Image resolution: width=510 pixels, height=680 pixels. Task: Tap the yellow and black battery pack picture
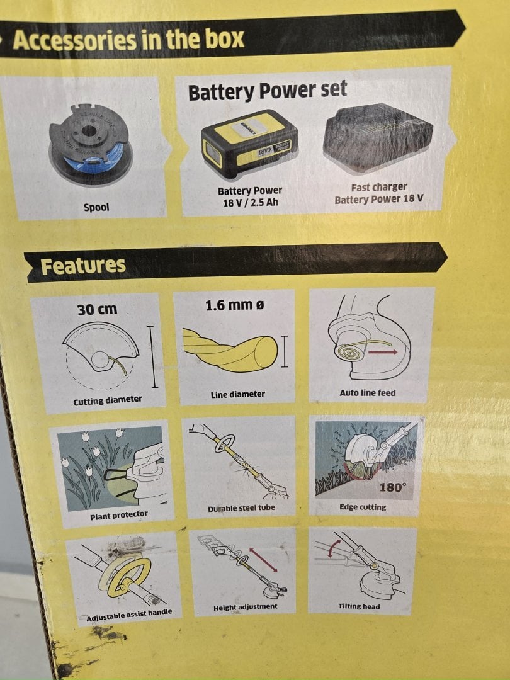pyautogui.click(x=249, y=144)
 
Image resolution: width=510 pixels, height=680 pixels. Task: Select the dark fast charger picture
pyautogui.click(x=377, y=139)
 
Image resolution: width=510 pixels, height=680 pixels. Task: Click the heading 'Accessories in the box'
pyautogui.click(x=128, y=40)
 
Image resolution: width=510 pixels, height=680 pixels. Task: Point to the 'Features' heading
pyautogui.click(x=83, y=266)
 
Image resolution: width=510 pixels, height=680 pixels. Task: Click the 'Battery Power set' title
pyautogui.click(x=267, y=91)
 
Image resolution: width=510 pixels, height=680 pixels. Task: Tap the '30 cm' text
pyautogui.click(x=97, y=309)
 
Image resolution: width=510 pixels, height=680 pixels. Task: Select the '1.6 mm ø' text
pyautogui.click(x=234, y=305)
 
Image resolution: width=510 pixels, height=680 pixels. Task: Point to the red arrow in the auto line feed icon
pyautogui.click(x=383, y=352)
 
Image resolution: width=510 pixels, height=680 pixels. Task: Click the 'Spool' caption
pyautogui.click(x=96, y=207)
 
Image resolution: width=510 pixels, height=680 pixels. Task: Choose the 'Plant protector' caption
pyautogui.click(x=119, y=515)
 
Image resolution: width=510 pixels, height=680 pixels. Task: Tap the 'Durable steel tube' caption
pyautogui.click(x=241, y=508)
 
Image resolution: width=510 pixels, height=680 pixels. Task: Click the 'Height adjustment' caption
pyautogui.click(x=245, y=607)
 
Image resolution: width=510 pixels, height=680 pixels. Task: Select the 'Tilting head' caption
pyautogui.click(x=359, y=606)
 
